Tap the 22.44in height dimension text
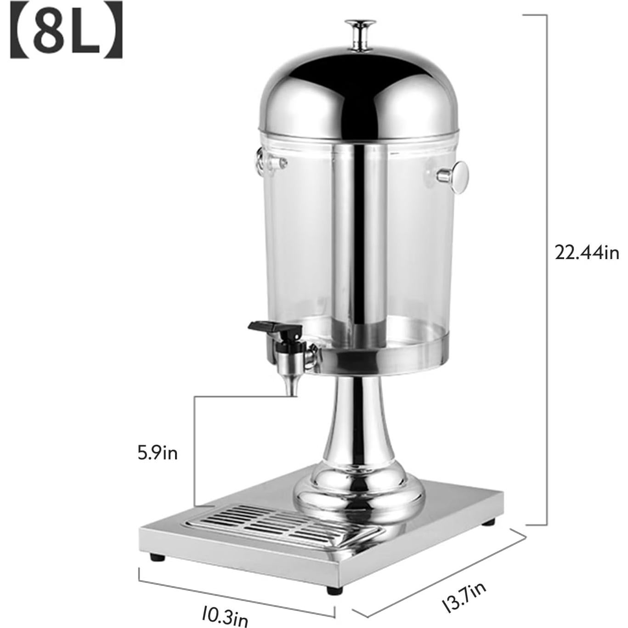coord(587,252)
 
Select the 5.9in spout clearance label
coord(158,453)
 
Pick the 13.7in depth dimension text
coord(464,597)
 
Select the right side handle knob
coord(457,176)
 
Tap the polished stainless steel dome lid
coord(358,96)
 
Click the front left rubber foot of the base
coord(157,557)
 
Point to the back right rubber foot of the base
coord(488,522)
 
